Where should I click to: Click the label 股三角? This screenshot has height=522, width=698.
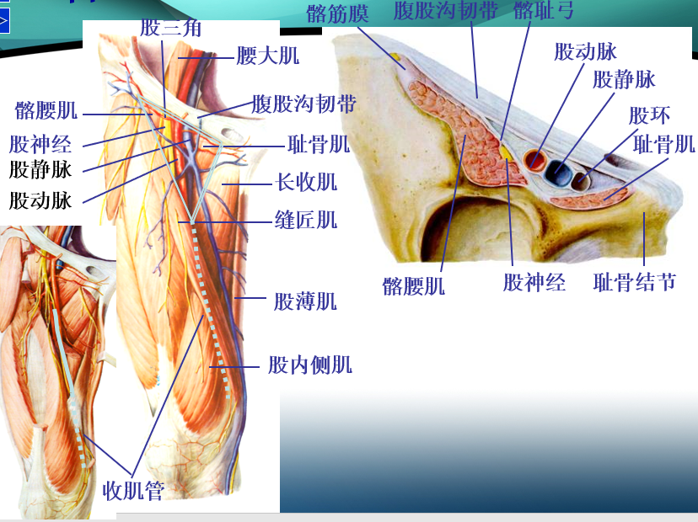pyautogui.click(x=171, y=27)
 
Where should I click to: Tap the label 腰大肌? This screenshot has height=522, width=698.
pyautogui.click(x=267, y=57)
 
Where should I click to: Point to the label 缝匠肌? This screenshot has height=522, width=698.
pyautogui.click(x=306, y=220)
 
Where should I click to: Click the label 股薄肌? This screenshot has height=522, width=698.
pyautogui.click(x=305, y=301)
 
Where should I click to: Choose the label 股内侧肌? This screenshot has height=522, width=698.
pyautogui.click(x=309, y=365)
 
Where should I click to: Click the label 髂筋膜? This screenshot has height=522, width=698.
pyautogui.click(x=338, y=13)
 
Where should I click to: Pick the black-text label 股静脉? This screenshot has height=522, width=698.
pyautogui.click(x=40, y=169)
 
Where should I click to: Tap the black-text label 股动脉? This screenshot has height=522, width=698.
pyautogui.click(x=40, y=200)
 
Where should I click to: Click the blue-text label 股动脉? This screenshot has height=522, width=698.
pyautogui.click(x=585, y=52)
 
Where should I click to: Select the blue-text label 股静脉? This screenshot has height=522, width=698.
pyautogui.click(x=624, y=80)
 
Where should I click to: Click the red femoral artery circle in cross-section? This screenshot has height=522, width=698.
pyautogui.click(x=534, y=159)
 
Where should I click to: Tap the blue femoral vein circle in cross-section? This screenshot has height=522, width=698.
pyautogui.click(x=557, y=172)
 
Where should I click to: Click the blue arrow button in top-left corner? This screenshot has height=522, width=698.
pyautogui.click(x=4, y=19)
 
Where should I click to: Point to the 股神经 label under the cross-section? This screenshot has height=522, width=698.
pyautogui.click(x=534, y=282)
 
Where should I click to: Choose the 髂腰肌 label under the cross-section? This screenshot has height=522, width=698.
pyautogui.click(x=413, y=285)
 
